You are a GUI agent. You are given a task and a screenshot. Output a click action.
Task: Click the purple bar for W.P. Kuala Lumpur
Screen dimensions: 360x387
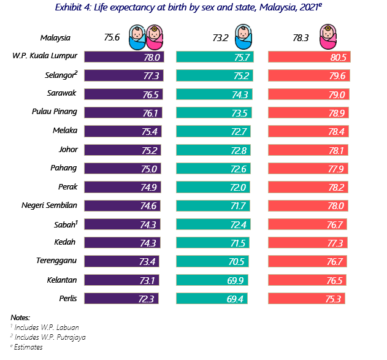point(123,56)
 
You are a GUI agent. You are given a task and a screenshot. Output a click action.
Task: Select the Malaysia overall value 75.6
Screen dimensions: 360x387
point(112,37)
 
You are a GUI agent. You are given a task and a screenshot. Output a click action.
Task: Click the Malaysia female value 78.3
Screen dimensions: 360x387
point(301,37)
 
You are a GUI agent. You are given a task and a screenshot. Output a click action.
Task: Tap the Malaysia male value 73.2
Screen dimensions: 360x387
point(221,37)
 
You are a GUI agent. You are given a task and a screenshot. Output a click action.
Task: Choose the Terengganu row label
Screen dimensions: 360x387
point(57,261)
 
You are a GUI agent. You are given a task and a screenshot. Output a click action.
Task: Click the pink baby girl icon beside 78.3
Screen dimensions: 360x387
point(330,37)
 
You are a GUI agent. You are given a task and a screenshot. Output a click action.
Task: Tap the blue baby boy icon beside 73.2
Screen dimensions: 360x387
point(244,37)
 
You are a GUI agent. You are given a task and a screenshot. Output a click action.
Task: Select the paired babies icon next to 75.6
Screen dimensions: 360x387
point(142,37)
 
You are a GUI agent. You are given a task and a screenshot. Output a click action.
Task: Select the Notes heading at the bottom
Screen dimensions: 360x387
point(20,317)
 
